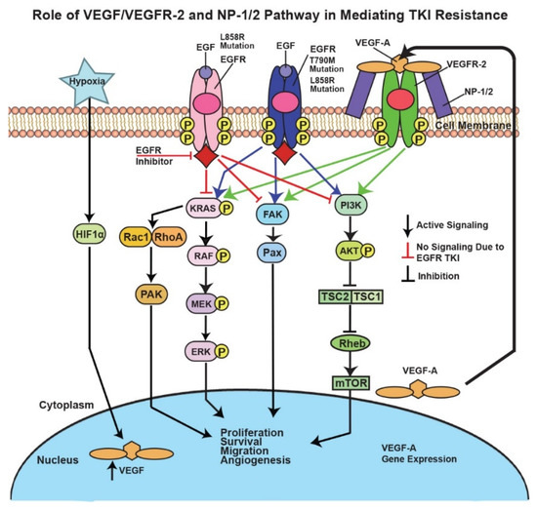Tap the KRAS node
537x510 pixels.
[x=206, y=207]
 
